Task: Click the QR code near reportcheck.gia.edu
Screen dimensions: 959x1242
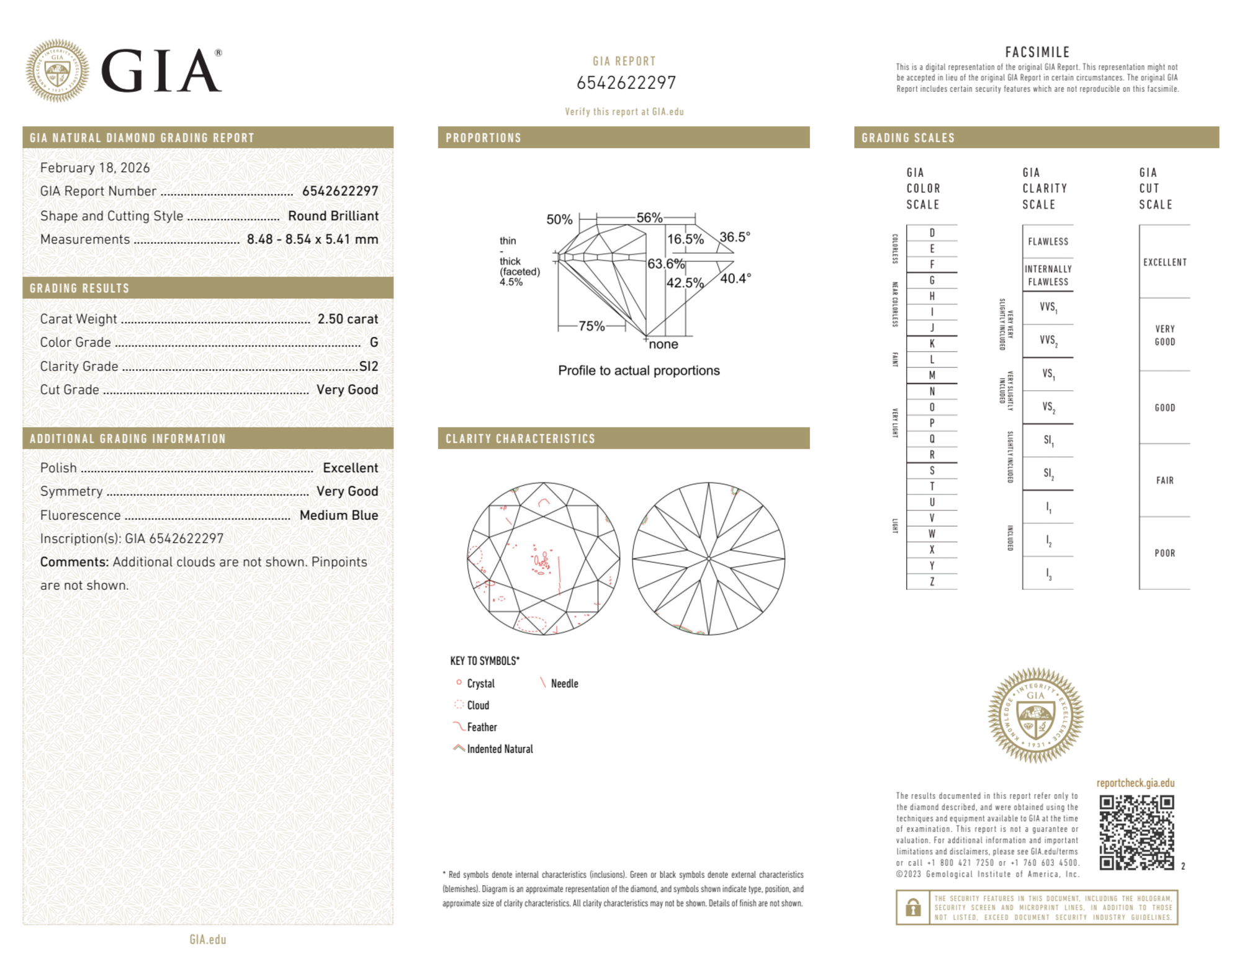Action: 1136,832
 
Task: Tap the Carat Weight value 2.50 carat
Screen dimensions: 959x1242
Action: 347,319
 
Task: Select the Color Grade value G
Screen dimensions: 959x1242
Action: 374,342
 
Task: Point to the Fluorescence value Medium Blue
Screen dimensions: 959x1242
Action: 338,515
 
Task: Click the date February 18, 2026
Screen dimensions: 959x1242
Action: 95,167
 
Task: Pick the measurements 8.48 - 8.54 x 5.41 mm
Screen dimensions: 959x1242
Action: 312,239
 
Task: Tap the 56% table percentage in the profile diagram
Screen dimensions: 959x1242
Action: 649,218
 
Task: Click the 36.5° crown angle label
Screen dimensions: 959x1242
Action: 735,237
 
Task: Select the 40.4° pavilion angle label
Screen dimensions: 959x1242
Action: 736,279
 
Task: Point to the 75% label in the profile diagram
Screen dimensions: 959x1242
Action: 591,326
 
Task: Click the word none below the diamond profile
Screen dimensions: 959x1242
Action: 663,344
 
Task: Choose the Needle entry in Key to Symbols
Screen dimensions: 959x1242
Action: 564,684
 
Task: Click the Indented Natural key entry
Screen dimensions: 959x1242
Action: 499,749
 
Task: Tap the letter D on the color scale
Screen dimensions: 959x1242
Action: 932,233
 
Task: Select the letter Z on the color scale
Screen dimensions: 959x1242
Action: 932,581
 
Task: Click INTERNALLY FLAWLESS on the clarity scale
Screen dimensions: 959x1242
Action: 1048,275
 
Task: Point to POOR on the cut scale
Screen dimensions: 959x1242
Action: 1164,553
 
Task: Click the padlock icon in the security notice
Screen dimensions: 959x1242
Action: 912,908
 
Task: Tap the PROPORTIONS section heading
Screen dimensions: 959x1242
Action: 483,138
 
